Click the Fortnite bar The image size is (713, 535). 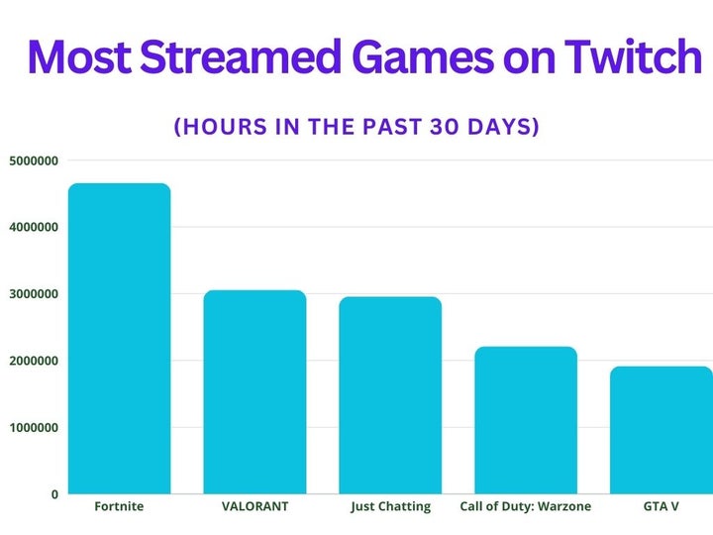(x=119, y=337)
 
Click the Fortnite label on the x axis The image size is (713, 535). (x=119, y=506)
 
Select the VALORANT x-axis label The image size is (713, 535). (x=255, y=506)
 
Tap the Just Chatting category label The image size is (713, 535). (x=391, y=506)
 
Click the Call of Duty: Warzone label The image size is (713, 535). (x=525, y=506)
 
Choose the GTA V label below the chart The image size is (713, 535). (x=661, y=506)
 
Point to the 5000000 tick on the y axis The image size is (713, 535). (x=33, y=160)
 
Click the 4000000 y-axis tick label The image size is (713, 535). (x=33, y=227)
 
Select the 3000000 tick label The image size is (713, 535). (x=33, y=294)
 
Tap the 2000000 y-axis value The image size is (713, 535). (x=33, y=361)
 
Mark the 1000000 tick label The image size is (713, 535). (x=33, y=427)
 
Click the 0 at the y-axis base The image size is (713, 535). (x=54, y=493)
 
